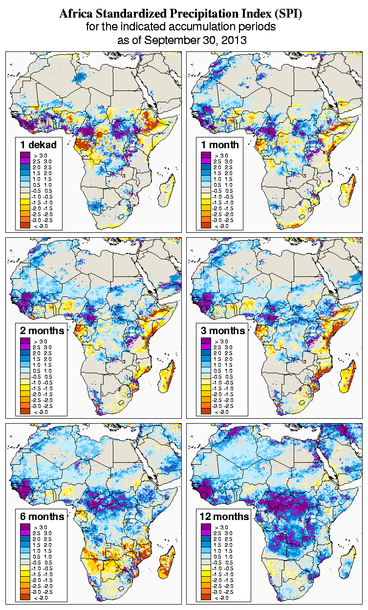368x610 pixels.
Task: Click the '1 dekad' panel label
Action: (39, 144)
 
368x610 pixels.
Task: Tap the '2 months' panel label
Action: (42, 330)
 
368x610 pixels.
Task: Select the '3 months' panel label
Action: (223, 330)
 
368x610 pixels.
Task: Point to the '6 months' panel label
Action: (42, 517)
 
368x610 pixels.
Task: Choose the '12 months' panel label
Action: (224, 517)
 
